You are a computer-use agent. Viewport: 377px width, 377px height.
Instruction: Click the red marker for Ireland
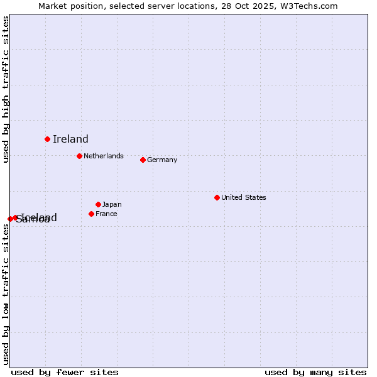point(47,139)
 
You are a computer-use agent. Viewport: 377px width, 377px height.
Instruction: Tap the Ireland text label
point(70,139)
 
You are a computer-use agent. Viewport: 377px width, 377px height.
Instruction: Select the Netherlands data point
point(79,156)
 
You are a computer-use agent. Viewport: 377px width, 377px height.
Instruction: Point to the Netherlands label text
point(104,156)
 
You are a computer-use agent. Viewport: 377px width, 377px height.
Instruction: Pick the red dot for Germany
point(143,160)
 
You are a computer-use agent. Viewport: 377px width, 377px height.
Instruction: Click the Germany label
point(162,160)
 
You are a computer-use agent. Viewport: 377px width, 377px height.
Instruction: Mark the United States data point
point(217,197)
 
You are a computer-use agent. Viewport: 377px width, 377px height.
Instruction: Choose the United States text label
point(244,197)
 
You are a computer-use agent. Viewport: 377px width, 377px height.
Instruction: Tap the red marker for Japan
point(98,204)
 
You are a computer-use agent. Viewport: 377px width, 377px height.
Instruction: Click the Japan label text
point(112,204)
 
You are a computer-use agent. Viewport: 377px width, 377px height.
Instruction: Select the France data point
point(91,214)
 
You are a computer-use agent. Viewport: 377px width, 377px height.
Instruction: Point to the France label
point(106,214)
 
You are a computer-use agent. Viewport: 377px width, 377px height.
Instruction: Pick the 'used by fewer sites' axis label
point(65,372)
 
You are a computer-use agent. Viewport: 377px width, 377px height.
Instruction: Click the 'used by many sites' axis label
point(315,372)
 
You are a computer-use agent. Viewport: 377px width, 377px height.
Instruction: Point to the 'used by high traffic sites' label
point(6,89)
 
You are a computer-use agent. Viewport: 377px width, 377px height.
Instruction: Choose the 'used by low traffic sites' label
point(6,294)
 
